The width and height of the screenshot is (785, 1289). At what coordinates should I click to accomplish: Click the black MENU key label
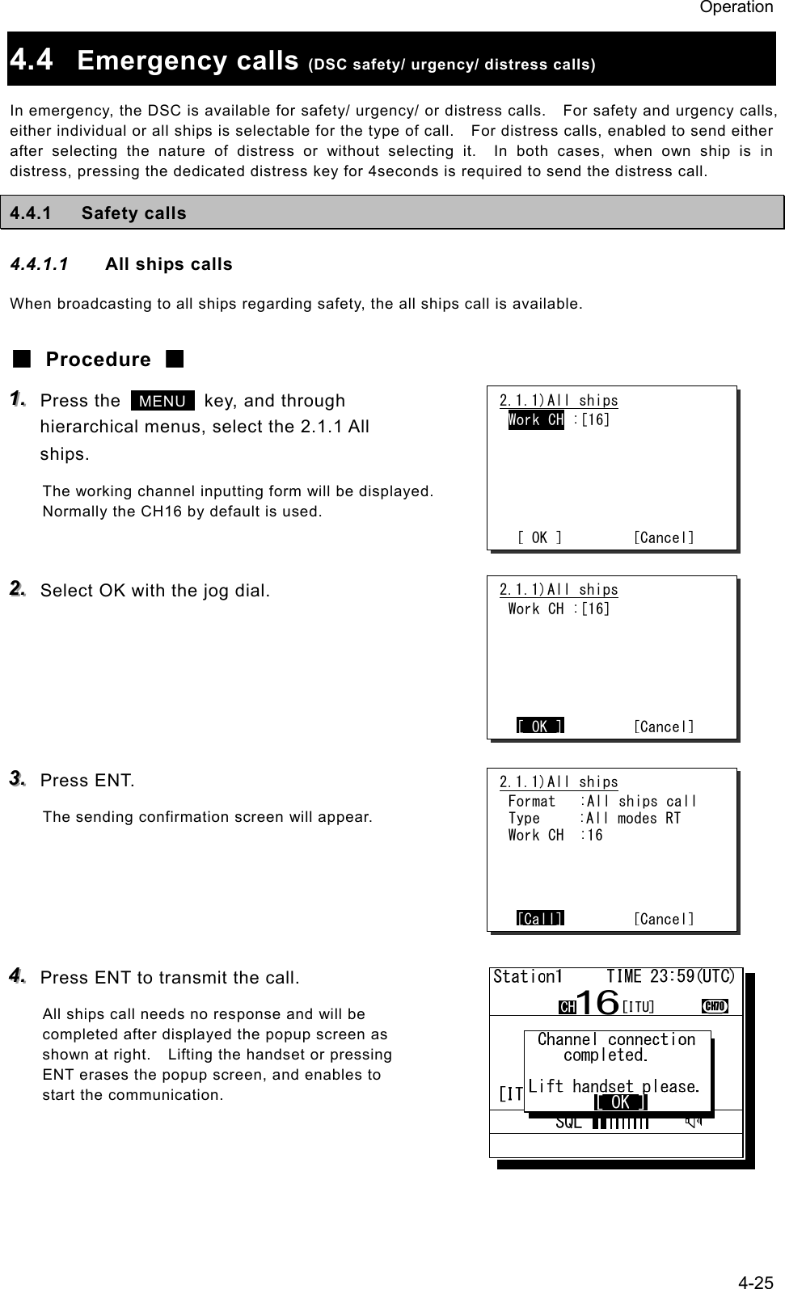[162, 401]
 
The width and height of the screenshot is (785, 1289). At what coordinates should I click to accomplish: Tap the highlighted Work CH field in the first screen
[536, 420]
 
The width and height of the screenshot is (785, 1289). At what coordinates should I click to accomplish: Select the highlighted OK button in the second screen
[540, 727]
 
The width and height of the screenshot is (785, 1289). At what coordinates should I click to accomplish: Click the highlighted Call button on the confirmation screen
[540, 918]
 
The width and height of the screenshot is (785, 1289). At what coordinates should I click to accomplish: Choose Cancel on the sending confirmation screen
[664, 919]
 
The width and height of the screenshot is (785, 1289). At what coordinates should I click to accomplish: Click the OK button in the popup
[620, 1102]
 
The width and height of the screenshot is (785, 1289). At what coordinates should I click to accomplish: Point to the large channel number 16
[597, 1002]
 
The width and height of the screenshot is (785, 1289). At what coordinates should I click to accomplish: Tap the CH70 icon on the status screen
[715, 1006]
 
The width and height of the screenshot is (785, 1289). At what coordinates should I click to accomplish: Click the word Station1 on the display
[527, 976]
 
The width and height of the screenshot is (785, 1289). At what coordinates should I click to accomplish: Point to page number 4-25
[756, 1282]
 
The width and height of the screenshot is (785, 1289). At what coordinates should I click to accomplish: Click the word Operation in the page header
[736, 7]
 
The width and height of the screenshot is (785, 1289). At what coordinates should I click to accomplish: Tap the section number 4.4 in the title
[32, 60]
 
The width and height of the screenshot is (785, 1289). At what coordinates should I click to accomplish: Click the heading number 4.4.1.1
[39, 264]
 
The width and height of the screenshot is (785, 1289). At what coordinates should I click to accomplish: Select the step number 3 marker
[17, 778]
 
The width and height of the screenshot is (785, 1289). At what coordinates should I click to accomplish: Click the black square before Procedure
[22, 359]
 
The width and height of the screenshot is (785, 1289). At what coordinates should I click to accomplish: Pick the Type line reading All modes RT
[594, 819]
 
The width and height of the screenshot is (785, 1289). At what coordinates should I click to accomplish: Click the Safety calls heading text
[134, 213]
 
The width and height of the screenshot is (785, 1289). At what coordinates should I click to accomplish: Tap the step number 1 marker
[17, 398]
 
